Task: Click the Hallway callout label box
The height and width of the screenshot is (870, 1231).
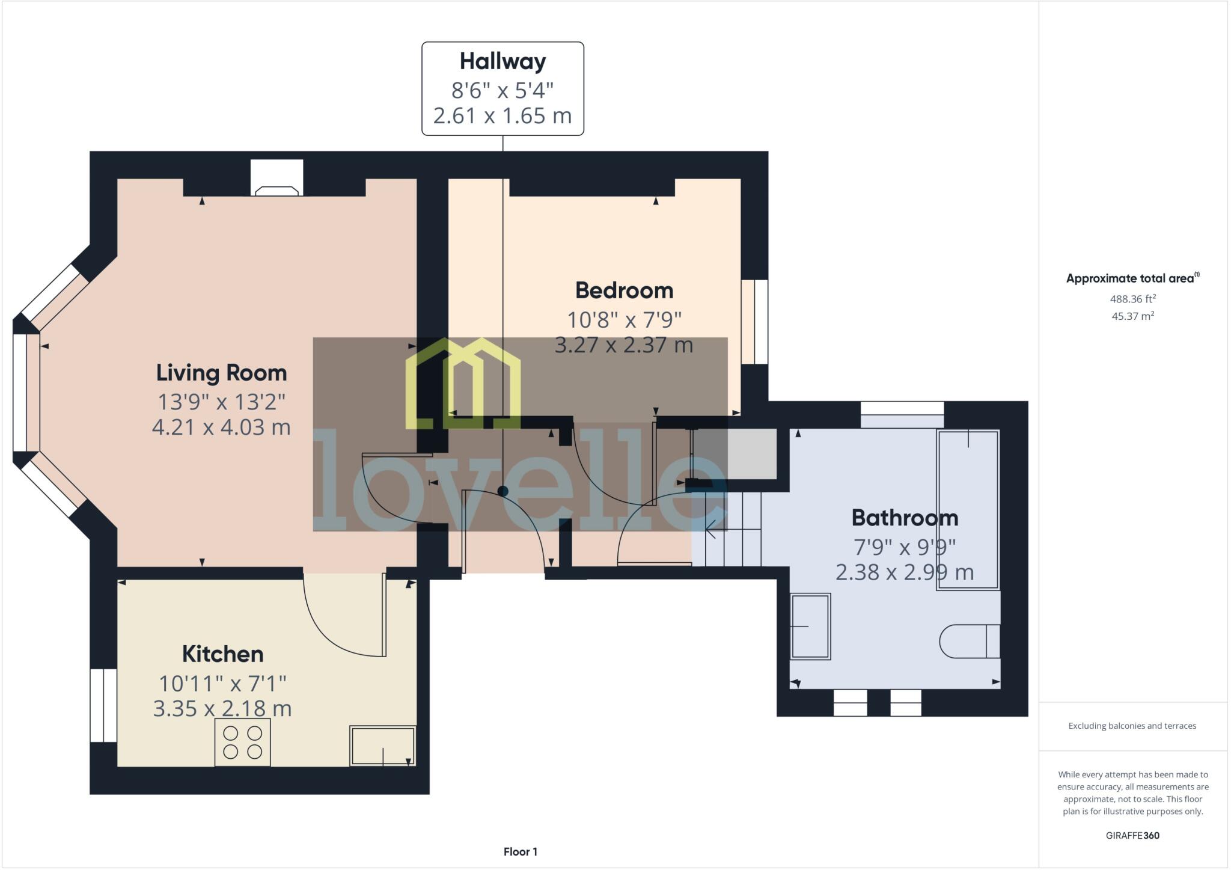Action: [x=502, y=88]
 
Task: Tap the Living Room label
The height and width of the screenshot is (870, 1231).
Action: [x=221, y=373]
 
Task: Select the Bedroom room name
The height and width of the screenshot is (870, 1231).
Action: [x=624, y=290]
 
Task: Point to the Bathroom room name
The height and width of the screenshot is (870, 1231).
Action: [x=905, y=518]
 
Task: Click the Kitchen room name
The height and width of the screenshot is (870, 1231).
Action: [x=222, y=654]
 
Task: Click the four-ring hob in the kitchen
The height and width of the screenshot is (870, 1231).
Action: [x=242, y=742]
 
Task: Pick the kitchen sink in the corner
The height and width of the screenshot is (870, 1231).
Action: [x=383, y=746]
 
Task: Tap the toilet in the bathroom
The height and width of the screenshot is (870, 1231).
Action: [x=969, y=642]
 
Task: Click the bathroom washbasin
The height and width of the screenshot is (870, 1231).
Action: [x=810, y=626]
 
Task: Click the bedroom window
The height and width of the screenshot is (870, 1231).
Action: [x=755, y=322]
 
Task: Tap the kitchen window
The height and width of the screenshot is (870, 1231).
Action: [x=103, y=705]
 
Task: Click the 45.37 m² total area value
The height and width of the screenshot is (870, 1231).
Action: [x=1132, y=316]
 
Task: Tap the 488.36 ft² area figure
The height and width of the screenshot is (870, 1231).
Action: [x=1132, y=299]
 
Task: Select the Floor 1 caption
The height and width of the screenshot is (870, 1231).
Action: [x=520, y=851]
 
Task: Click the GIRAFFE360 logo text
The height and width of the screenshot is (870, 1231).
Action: [x=1132, y=835]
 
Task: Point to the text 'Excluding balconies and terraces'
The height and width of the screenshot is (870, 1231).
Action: [x=1132, y=726]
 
